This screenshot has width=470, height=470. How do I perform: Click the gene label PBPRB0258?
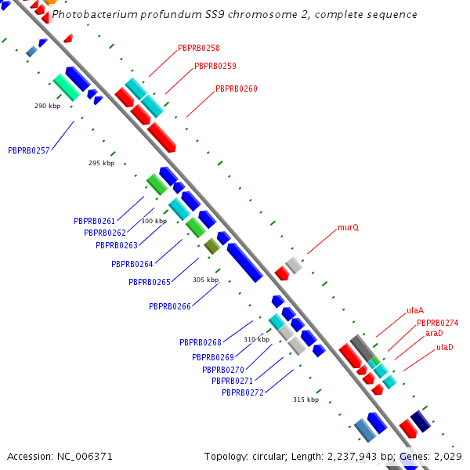coord(198,49)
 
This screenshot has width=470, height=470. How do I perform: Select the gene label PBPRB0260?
coord(236,89)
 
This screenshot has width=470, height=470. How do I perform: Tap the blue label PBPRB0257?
coord(28,150)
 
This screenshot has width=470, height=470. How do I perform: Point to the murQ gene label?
coord(348,228)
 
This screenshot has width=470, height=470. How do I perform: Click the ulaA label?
coord(415,311)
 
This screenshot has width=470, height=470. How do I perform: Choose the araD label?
coord(434,334)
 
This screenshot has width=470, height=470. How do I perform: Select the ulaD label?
coord(444,347)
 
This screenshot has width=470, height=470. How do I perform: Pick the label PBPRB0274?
coord(437,323)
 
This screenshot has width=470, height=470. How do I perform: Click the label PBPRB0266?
coord(169,307)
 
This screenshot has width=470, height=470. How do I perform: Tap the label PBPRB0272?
coord(242,393)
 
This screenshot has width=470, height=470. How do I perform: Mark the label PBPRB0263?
coord(117,246)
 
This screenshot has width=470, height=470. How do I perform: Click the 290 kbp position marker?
coord(47,106)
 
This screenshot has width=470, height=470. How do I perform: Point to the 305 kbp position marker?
coord(205,280)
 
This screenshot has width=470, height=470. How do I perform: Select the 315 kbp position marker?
coord(305,399)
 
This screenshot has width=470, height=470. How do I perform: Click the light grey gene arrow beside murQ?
coord(294,265)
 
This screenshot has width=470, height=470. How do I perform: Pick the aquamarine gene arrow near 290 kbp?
coord(66,87)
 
